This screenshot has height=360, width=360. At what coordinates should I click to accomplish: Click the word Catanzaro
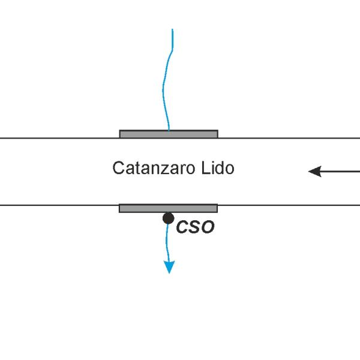tap(154, 168)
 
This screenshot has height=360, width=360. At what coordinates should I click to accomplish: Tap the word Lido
tap(218, 168)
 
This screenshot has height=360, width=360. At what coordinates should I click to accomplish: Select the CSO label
tap(196, 227)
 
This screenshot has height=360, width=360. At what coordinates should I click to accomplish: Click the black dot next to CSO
tap(168, 218)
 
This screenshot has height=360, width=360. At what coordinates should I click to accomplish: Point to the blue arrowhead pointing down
tap(169, 267)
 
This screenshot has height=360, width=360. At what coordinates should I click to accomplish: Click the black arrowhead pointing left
tap(315, 171)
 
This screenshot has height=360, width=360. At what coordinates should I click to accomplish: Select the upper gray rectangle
tap(169, 134)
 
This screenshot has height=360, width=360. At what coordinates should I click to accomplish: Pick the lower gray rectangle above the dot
tap(168, 208)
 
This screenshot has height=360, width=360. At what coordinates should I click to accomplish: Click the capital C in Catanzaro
tap(118, 167)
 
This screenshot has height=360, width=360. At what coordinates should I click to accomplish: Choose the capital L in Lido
tap(205, 167)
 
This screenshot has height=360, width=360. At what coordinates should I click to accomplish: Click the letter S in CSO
tap(195, 227)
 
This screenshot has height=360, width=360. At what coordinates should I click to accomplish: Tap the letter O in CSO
tap(208, 227)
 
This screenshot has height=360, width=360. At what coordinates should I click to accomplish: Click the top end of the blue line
tap(172, 29)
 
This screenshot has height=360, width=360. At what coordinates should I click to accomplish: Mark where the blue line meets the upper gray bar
tap(169, 130)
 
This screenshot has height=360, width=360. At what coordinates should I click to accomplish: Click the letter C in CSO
tap(182, 227)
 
